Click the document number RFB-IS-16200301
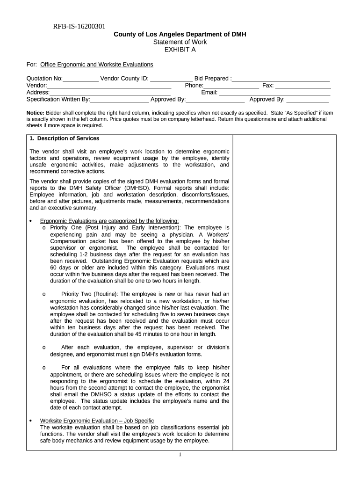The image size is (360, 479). click(79, 27)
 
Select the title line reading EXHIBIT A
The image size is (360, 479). click(180, 49)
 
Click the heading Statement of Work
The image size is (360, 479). click(180, 42)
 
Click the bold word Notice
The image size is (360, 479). click(35, 113)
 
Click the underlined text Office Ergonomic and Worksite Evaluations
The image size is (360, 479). click(97, 64)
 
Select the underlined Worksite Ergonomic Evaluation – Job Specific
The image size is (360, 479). click(97, 421)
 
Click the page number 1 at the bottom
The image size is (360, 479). click(180, 456)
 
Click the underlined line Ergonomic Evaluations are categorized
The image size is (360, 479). click(109, 221)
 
